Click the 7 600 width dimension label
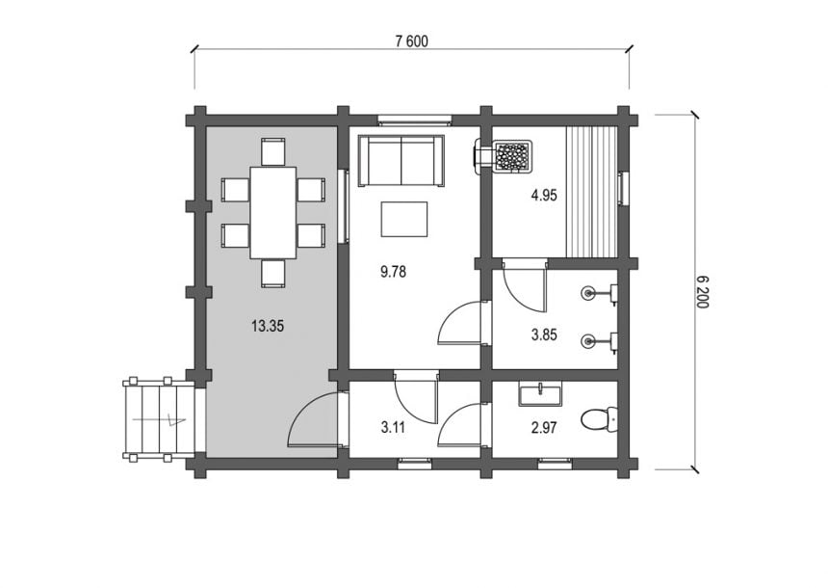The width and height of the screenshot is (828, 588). point(411,41)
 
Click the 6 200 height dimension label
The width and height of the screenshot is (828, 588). point(703,292)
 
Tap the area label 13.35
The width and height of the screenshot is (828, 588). point(268,326)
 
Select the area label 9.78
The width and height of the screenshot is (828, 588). point(394,272)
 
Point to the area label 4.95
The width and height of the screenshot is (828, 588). point(544,196)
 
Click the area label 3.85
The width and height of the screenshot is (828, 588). point(544,334)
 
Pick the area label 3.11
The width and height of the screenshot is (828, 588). point(394,427)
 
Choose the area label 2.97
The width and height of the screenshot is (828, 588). point(544,427)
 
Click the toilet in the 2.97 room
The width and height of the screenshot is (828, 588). point(600,420)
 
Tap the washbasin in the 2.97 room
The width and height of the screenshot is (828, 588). point(540,395)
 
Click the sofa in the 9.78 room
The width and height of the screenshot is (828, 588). point(401,160)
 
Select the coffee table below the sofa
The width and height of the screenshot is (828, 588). point(404,219)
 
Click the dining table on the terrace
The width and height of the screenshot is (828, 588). point(272,213)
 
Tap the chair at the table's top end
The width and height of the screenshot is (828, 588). point(273,151)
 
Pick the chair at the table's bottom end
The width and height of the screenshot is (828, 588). point(273,274)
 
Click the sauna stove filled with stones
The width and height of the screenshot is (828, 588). point(512,156)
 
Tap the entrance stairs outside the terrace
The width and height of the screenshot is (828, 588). point(159,420)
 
